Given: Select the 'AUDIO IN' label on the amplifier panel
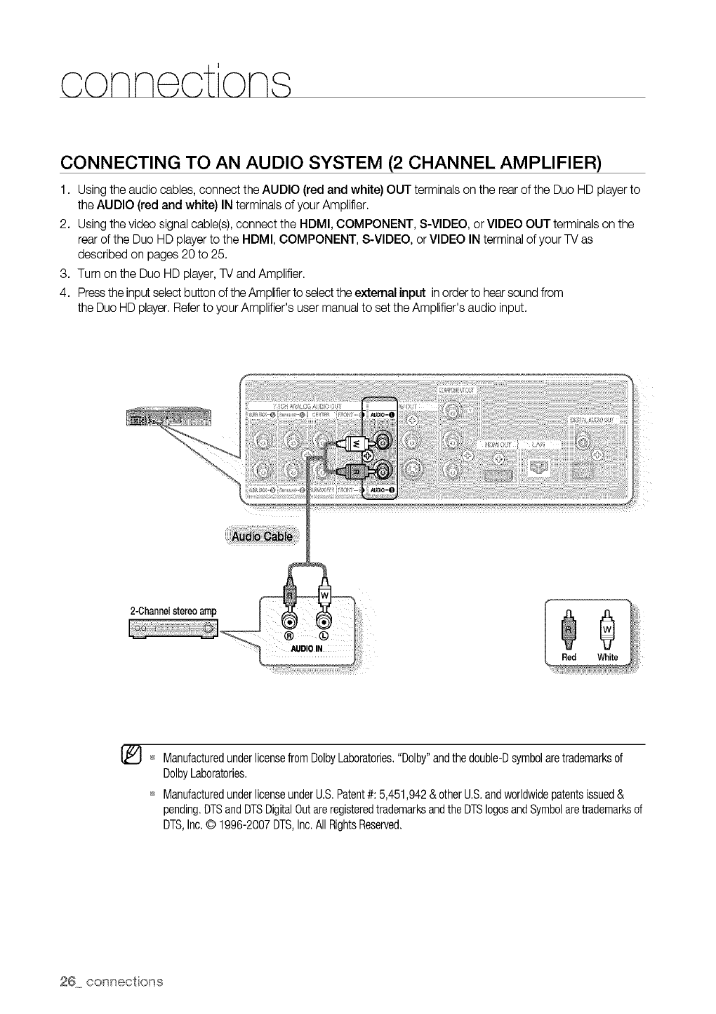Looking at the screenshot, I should click(x=306, y=648).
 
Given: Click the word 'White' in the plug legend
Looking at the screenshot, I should click(x=607, y=657).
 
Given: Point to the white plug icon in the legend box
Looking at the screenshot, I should click(x=608, y=628).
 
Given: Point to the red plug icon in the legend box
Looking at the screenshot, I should click(x=569, y=628).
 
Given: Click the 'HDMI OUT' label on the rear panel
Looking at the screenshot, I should click(x=497, y=445).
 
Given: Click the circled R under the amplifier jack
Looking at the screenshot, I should click(x=286, y=635).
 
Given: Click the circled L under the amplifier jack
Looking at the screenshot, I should click(x=325, y=635).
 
